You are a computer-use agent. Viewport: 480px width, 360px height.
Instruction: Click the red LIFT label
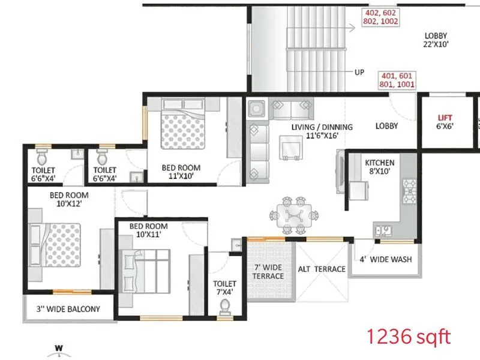[445, 118]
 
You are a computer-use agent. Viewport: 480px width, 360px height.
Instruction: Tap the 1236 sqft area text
[408, 337]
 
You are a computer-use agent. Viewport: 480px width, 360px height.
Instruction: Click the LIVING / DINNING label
[322, 131]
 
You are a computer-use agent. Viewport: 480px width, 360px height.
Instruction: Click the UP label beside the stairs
[359, 72]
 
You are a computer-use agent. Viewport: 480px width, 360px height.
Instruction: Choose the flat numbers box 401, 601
[396, 80]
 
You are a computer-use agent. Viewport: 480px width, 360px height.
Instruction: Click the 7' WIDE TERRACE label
[268, 271]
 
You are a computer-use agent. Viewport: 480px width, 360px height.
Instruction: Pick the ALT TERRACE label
[322, 269]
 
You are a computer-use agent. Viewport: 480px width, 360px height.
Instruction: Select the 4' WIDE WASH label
[385, 260]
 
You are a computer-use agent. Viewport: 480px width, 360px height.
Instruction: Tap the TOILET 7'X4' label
[224, 287]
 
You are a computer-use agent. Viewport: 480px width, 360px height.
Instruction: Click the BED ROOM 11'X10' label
[181, 172]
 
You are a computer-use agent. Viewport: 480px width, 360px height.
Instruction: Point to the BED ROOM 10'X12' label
[69, 200]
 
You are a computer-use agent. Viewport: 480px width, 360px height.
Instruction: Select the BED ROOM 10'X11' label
[149, 230]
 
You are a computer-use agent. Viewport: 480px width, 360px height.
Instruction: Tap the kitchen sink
[383, 229]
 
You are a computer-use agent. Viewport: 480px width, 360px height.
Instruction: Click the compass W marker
[59, 347]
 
